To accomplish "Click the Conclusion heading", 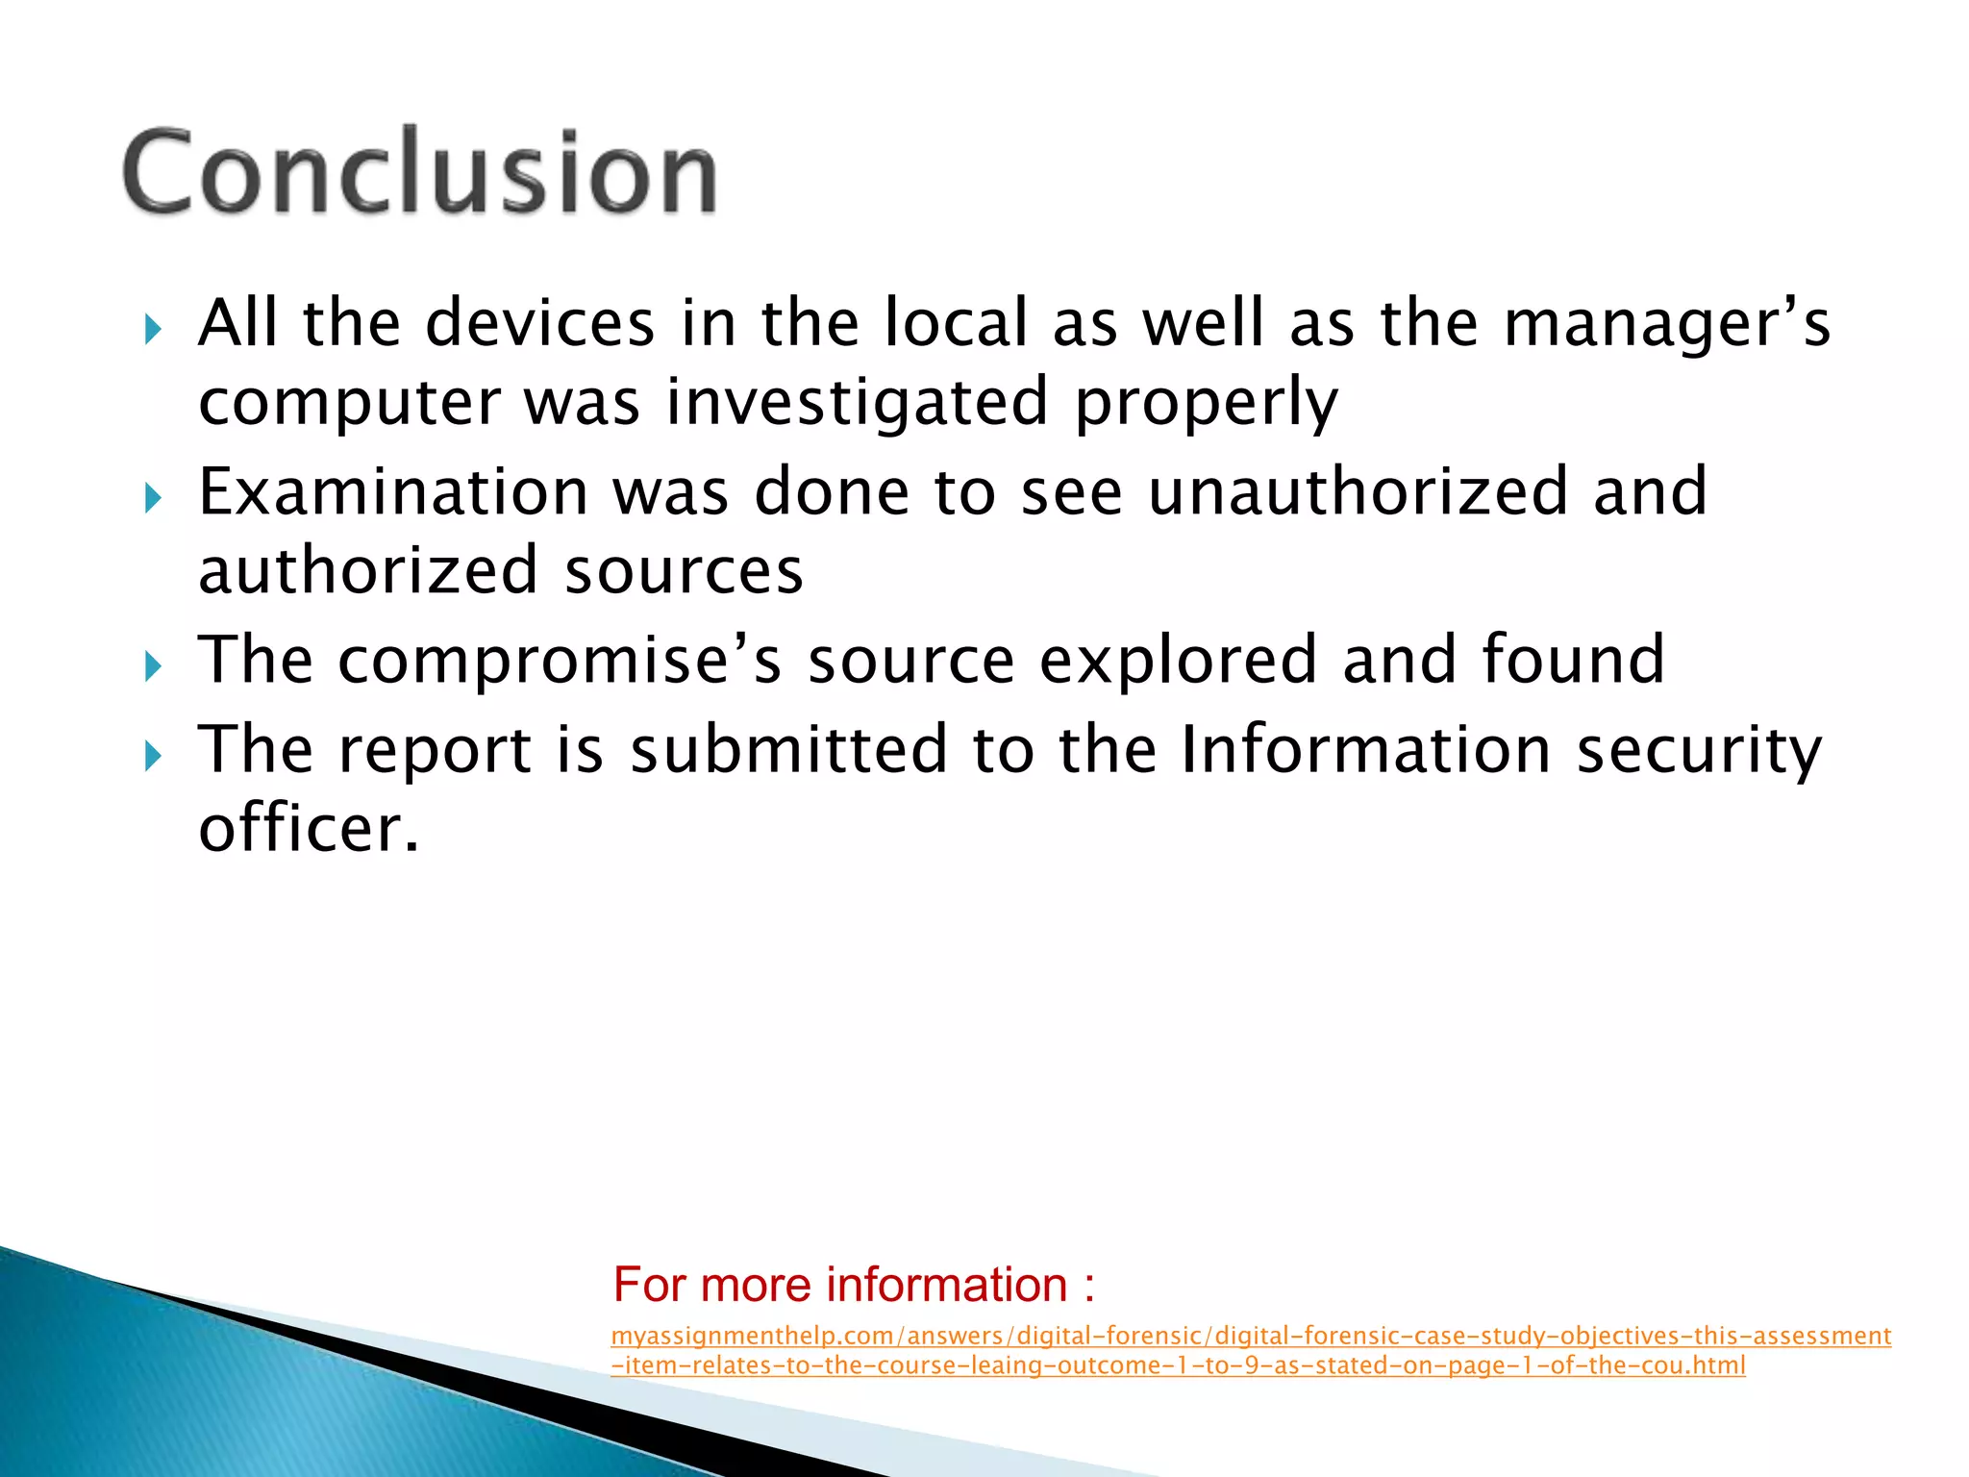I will [420, 173].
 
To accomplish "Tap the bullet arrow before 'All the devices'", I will [153, 331].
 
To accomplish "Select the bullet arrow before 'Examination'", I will [153, 499].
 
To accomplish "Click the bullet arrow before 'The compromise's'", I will [153, 666].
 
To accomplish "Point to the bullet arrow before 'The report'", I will [153, 757].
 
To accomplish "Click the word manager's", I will [1667, 325].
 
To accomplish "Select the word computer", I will [349, 404].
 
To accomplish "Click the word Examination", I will [393, 492].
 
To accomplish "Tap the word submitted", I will [788, 750].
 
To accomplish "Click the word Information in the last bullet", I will [1365, 750].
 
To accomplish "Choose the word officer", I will [309, 829].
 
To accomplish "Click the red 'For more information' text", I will [854, 1285].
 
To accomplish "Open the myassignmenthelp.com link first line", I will [1250, 1337].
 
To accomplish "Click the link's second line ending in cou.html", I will [1178, 1365].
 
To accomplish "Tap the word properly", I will [1206, 404].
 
